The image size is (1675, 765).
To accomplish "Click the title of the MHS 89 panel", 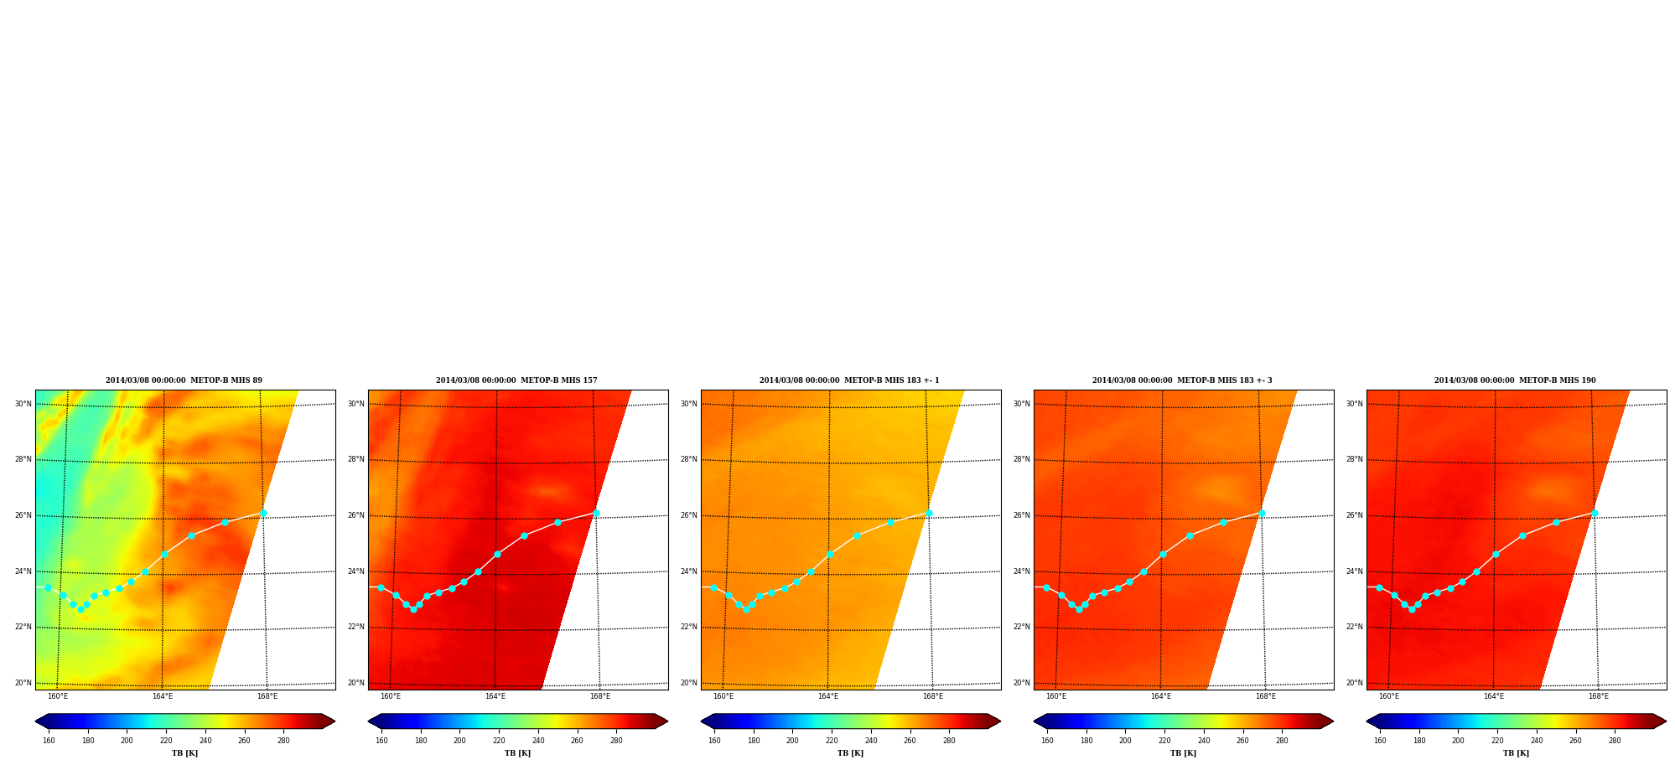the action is point(184,380).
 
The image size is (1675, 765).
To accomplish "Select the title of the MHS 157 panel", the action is point(516,380).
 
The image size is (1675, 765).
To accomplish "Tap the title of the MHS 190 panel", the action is point(1515,380).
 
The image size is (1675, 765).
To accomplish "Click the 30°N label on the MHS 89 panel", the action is point(23,404).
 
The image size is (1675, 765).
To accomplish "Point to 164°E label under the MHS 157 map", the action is point(495,696).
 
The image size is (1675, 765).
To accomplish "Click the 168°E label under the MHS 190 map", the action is point(1599,696).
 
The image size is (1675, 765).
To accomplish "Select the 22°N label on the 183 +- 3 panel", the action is point(1021,627).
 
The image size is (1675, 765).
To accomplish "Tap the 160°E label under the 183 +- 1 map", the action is point(723,696).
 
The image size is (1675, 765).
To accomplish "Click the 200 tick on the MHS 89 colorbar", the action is point(127,741).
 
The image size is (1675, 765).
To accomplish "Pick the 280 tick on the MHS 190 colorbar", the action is point(1615,741).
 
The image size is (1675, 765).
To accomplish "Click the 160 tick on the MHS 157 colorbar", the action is point(381,741).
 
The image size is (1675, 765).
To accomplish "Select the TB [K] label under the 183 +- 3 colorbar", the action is point(1183,753).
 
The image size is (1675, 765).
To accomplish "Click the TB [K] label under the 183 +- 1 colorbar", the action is point(850,753).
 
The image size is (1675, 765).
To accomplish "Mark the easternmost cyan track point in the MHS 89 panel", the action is point(263,513).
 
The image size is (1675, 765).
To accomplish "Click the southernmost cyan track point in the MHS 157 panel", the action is point(413,609).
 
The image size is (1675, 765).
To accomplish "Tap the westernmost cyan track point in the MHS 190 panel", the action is point(1379,587).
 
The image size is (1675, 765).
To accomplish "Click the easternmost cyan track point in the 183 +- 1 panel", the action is point(929,513).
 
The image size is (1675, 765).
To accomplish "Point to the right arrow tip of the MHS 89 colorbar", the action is point(334,721).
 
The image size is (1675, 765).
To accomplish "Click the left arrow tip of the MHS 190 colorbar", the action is point(1366,721).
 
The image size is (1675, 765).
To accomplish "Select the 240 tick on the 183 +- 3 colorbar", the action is point(1204,741).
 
